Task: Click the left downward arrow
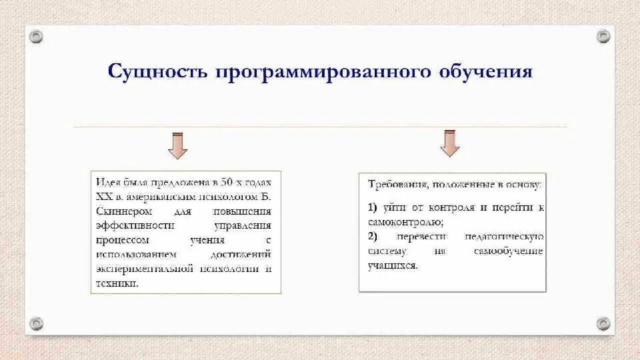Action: [177, 145]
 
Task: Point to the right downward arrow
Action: [450, 143]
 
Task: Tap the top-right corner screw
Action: [603, 36]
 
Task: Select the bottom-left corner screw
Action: [37, 323]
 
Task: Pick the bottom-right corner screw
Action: [603, 323]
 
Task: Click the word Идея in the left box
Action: [107, 181]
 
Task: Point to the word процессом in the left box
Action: [122, 240]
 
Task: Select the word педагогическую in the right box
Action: [507, 237]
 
